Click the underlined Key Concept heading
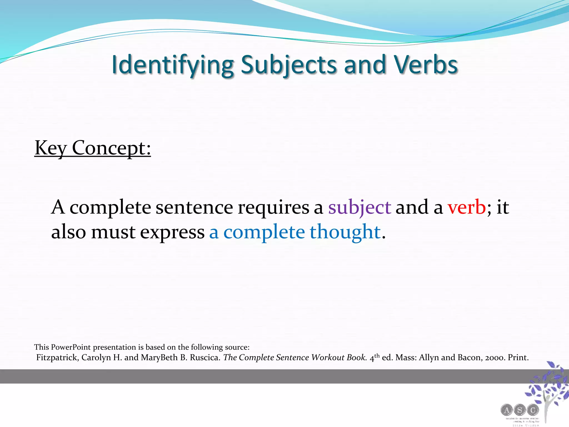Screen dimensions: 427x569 (x=93, y=148)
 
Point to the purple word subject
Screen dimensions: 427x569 (x=359, y=208)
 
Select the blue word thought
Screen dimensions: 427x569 (x=345, y=232)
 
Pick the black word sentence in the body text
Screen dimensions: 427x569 (x=194, y=208)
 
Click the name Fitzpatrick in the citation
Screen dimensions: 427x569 (x=57, y=358)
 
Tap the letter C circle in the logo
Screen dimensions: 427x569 (x=533, y=410)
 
